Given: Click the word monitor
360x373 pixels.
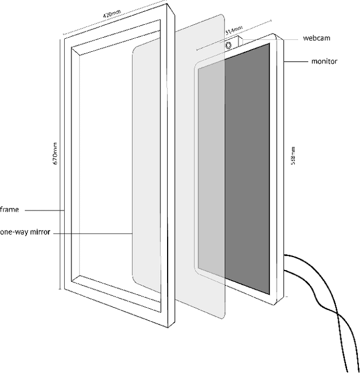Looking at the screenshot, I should (325, 61).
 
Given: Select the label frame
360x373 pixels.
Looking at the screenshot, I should (10, 210).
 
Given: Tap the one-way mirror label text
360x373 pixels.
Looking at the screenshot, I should (25, 232).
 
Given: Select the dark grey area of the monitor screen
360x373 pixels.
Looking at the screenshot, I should (247, 169).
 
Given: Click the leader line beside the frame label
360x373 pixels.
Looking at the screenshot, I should (45, 210).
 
